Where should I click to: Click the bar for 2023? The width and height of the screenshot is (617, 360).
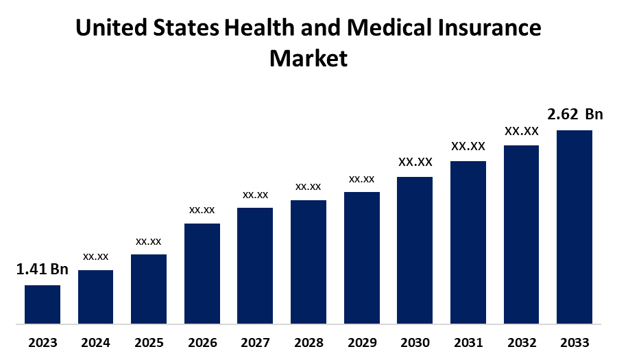point(43,304)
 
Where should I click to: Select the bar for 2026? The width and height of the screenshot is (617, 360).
point(202,273)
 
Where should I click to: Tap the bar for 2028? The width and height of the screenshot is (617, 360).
point(308,261)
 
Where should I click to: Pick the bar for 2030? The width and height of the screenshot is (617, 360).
point(415,250)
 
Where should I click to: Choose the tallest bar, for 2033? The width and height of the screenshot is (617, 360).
point(574,226)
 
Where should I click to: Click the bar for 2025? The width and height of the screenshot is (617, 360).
point(149,289)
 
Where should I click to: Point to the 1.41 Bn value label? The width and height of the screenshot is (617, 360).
point(43,269)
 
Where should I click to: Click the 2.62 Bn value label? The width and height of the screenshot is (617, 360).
point(574,114)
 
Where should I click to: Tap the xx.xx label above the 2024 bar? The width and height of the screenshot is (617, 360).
point(96,256)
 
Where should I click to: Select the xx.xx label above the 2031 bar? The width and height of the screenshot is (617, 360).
point(468,146)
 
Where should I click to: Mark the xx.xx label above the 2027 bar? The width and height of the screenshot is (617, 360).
point(255,195)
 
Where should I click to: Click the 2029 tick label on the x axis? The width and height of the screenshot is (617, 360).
point(361,342)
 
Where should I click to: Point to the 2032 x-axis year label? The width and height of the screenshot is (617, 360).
point(521,342)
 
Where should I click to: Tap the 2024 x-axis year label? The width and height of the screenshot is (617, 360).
point(96,342)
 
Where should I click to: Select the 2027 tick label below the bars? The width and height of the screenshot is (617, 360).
point(255,342)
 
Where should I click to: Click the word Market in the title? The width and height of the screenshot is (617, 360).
point(308,58)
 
